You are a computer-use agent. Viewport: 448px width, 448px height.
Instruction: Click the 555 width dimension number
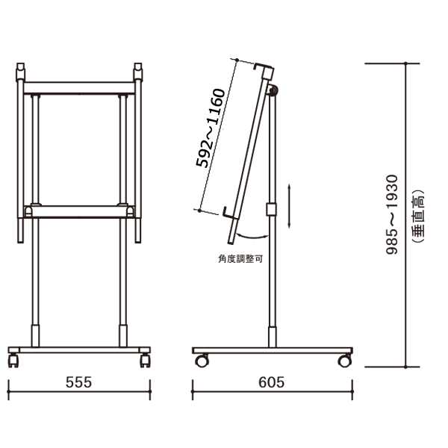79,382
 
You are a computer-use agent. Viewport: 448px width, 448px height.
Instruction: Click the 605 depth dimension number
272,382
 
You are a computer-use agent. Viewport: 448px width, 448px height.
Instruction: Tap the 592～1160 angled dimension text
211,128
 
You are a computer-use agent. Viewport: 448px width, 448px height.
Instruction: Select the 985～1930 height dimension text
392,214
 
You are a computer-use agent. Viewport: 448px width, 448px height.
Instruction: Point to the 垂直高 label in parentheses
417,216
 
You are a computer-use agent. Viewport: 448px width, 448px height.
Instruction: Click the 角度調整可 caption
240,259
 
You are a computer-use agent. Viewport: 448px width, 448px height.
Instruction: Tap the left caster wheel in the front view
13,361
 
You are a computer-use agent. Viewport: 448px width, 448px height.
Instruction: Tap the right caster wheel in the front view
145,361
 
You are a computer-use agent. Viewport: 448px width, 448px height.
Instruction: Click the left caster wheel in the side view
202,361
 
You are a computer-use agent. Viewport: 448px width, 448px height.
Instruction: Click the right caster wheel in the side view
344,361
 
